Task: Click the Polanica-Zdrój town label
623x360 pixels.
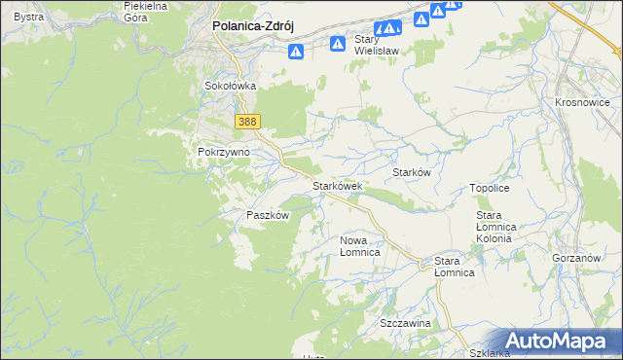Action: click(254, 28)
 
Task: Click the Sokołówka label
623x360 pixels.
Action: click(230, 86)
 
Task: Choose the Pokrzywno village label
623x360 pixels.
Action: click(224, 153)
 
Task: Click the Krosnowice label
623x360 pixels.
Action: click(581, 102)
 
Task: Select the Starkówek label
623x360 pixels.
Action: click(337, 185)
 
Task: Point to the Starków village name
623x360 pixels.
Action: click(411, 171)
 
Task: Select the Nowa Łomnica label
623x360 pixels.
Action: click(359, 245)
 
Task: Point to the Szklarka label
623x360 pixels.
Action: click(489, 353)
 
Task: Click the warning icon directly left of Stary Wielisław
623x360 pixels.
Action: click(337, 43)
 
